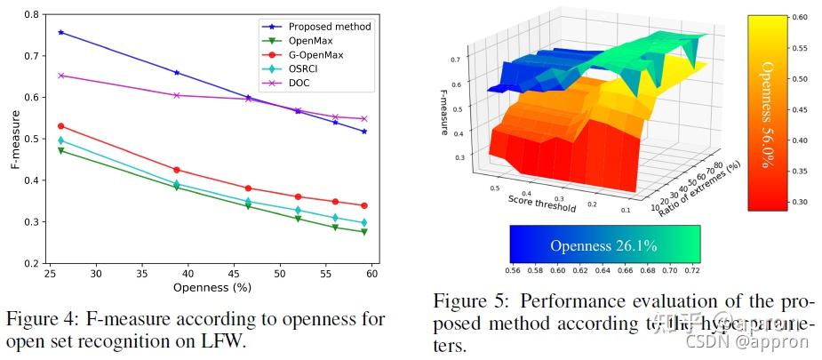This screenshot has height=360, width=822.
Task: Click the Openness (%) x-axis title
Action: point(210,287)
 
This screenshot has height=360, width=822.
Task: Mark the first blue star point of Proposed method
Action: point(60,32)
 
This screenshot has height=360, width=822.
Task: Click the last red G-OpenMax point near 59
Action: point(364,205)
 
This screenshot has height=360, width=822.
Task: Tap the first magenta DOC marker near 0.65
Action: point(60,76)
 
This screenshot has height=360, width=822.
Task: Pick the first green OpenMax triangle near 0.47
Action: point(60,151)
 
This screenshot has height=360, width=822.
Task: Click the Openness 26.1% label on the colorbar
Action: point(603,245)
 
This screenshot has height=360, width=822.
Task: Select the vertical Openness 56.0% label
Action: point(767,113)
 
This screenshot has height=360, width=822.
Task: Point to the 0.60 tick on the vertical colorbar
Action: point(800,17)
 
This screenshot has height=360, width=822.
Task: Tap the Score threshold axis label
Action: point(541,203)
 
